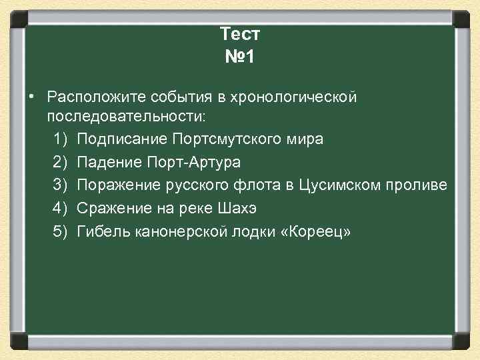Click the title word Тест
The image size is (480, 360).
coord(240,33)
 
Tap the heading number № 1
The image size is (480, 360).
coord(240,57)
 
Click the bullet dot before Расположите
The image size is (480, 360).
coord(31,97)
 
